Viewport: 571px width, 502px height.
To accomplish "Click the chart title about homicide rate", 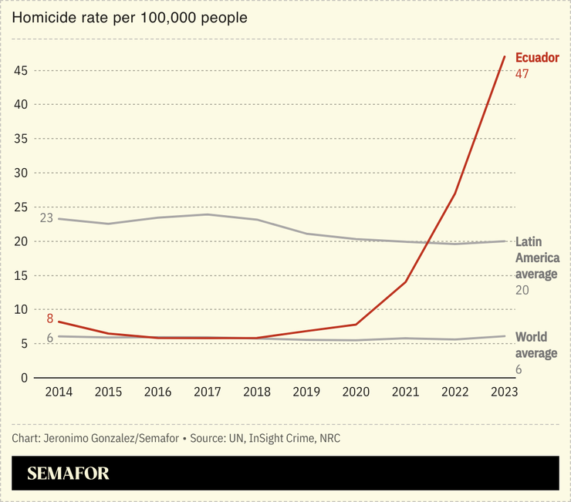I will pos(130,18).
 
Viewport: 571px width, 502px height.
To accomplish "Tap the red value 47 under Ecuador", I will pos(522,74).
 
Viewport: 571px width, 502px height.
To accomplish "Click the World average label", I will pos(536,345).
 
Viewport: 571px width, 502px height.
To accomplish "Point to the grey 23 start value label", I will pos(46,217).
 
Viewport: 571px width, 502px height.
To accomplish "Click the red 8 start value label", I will pos(49,318).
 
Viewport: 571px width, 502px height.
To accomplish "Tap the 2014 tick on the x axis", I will pos(59,392).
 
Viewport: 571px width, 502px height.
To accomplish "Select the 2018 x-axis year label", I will pos(256,392).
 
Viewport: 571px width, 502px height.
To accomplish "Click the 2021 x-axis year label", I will pos(405,392).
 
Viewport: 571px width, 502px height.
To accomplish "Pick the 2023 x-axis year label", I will pos(504,392).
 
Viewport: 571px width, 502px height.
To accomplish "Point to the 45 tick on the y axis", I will pos(21,71).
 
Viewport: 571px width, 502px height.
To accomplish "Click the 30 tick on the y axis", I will pos(21,174).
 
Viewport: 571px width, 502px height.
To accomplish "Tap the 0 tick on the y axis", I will pos(24,378).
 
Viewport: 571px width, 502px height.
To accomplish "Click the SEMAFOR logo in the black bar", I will pos(69,473).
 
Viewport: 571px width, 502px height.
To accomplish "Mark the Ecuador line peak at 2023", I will pos(504,56).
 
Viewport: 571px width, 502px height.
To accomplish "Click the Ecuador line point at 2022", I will pos(454,193).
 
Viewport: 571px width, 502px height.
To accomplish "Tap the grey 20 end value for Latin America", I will pos(522,290).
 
